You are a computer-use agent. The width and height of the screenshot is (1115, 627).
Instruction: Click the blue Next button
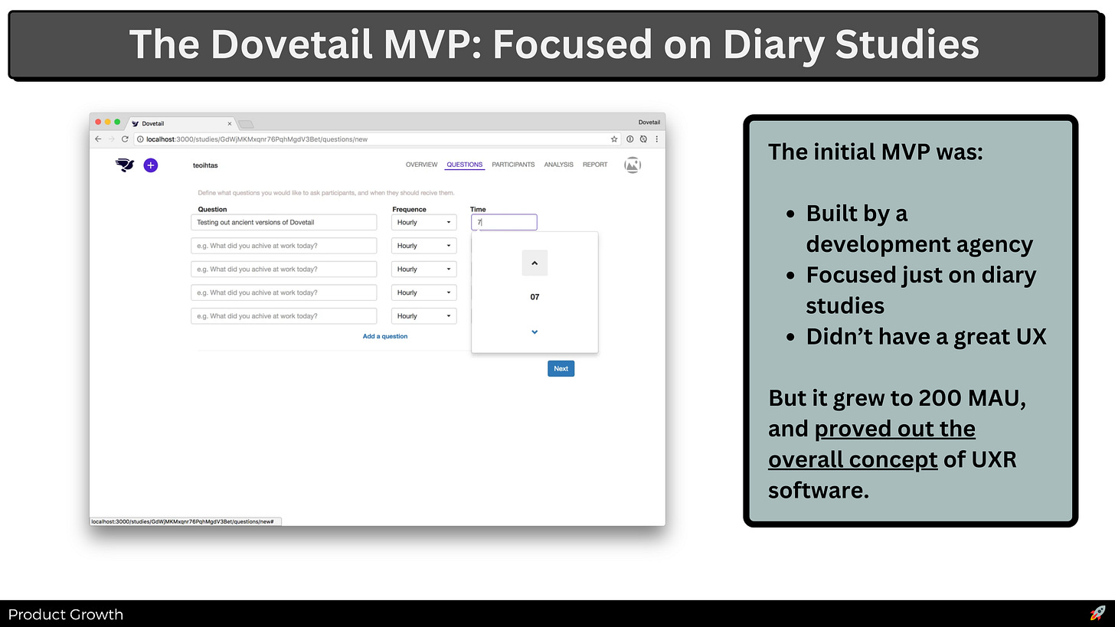[x=561, y=369]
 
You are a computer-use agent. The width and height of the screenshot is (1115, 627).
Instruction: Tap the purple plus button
[x=151, y=165]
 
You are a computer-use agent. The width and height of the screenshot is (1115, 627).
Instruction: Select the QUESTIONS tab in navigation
[x=464, y=165]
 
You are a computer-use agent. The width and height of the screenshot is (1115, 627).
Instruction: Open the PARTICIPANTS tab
[x=513, y=165]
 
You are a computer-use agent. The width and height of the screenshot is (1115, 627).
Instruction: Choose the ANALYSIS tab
[x=558, y=165]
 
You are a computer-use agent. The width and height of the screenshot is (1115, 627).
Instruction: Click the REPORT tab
[x=595, y=165]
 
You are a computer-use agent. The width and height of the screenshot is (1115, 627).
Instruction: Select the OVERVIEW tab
[x=422, y=165]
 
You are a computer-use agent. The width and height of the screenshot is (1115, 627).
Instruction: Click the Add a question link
[x=384, y=336]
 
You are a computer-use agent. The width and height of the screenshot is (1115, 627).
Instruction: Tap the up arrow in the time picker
[x=535, y=263]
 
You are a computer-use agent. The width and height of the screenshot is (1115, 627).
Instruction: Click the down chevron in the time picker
[x=535, y=332]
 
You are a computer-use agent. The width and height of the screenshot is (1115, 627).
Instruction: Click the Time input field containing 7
[x=504, y=223]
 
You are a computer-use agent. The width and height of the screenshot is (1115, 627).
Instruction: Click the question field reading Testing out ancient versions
[x=283, y=223]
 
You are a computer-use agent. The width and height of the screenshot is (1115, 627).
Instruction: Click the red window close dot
[x=98, y=122]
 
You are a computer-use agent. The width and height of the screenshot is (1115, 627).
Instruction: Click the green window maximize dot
[x=117, y=122]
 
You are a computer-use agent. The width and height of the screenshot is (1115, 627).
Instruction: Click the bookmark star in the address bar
[x=614, y=139]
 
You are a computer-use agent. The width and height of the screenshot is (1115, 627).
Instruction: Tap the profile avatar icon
[x=633, y=165]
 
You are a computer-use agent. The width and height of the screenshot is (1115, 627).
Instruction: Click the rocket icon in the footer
[x=1097, y=613]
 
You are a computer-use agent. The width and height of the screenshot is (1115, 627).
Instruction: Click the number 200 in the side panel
[x=940, y=397]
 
